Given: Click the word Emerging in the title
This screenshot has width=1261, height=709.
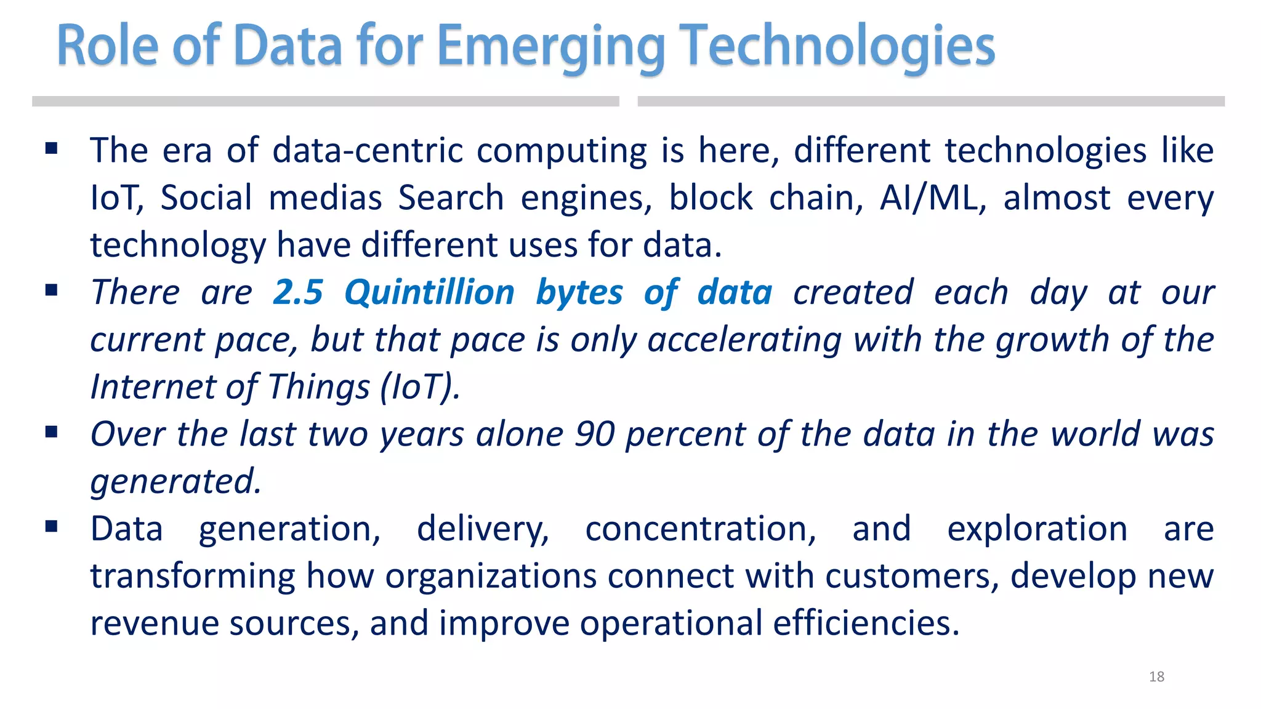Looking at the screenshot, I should pyautogui.click(x=550, y=47).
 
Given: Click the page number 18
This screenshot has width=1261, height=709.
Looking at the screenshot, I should pyautogui.click(x=1156, y=677).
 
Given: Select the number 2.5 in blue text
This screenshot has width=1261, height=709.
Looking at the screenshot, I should pyautogui.click(x=298, y=292).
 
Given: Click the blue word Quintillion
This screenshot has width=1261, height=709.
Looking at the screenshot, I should pyautogui.click(x=429, y=292).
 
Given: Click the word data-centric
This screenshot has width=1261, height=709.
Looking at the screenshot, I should pyautogui.click(x=367, y=151).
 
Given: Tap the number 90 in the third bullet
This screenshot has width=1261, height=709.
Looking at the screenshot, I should pyautogui.click(x=594, y=435).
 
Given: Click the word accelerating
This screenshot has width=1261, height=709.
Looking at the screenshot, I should pyautogui.click(x=744, y=340).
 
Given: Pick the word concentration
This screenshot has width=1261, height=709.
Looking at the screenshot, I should pyautogui.click(x=700, y=529).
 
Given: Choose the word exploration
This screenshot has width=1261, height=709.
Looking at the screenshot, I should pyautogui.click(x=1037, y=529).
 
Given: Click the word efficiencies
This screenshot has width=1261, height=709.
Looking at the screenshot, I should pyautogui.click(x=866, y=623).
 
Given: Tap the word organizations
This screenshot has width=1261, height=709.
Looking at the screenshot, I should pyautogui.click(x=491, y=577).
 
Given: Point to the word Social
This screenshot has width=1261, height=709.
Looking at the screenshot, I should pyautogui.click(x=206, y=198).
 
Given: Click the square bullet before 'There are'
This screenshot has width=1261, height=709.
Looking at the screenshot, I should pyautogui.click(x=52, y=290).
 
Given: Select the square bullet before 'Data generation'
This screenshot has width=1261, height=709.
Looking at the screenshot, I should pyautogui.click(x=52, y=526).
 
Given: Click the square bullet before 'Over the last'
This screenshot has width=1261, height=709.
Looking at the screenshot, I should pyautogui.click(x=52, y=432).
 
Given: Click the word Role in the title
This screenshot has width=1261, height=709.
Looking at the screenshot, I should pyautogui.click(x=108, y=47).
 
